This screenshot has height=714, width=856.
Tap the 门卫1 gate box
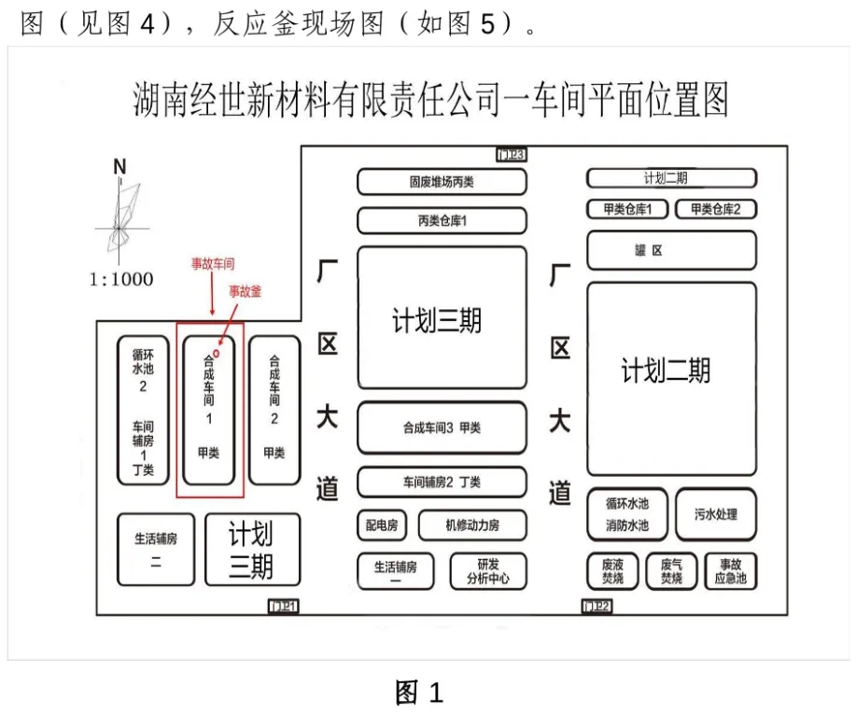[283, 607]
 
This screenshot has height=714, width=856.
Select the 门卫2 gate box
[596, 607]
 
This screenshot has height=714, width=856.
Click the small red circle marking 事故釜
[217, 354]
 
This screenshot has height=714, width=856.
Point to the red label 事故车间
[213, 264]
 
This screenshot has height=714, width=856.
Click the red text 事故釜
[246, 292]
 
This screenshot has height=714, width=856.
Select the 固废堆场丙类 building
[442, 182]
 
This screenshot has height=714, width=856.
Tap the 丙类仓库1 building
[442, 221]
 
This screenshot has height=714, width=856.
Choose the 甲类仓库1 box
[627, 209]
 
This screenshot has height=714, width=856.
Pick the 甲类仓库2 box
[716, 209]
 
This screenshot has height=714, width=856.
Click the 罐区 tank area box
[671, 250]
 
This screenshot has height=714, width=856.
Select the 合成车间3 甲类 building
[442, 427]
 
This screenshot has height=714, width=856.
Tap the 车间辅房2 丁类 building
[442, 482]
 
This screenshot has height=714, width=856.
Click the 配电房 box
[381, 525]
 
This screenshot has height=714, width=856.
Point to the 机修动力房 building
[472, 525]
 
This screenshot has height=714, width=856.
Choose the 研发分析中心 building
[488, 571]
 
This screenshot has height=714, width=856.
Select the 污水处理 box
[716, 514]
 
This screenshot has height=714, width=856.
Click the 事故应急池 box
[731, 571]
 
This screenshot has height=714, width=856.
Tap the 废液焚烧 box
[612, 571]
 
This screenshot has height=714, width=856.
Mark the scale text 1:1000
[121, 279]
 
